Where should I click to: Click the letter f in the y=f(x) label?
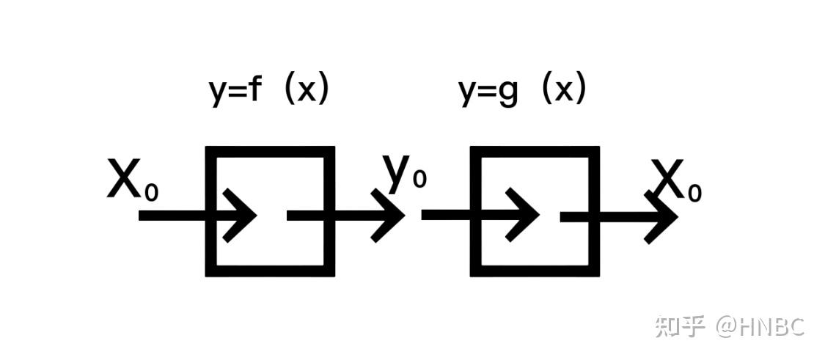pos(254,90)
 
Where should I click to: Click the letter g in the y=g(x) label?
pos(508,94)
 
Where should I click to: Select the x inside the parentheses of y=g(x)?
pos(563,92)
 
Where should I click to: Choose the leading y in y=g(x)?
pos(469,95)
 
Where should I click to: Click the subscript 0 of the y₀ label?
pos(419,179)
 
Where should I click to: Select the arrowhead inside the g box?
pos(522,216)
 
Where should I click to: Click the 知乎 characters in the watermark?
pos(680,327)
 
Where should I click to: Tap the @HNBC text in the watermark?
pos(760,327)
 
